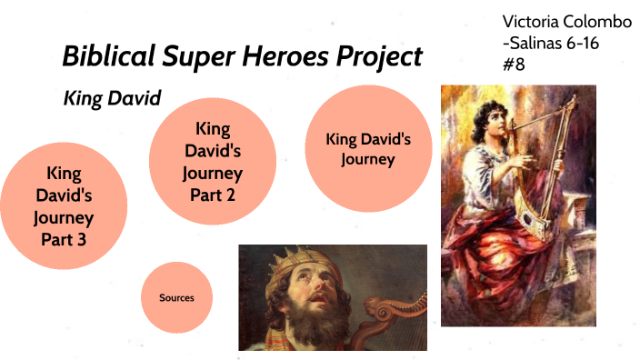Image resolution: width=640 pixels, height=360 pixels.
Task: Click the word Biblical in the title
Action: coord(103,56)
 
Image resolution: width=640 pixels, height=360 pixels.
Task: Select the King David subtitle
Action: coord(111,98)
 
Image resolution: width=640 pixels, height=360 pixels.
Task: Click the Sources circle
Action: coord(176,297)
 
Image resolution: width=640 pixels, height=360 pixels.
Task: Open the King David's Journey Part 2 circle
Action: coord(213,161)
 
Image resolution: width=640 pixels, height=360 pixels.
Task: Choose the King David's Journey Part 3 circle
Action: coord(64,206)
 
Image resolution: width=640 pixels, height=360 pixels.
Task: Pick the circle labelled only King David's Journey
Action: coord(368,150)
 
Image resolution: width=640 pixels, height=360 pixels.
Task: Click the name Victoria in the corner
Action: coord(531,21)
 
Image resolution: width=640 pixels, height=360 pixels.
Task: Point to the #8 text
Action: coord(514,65)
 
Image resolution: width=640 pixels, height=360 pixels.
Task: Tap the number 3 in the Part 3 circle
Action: coord(77,239)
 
